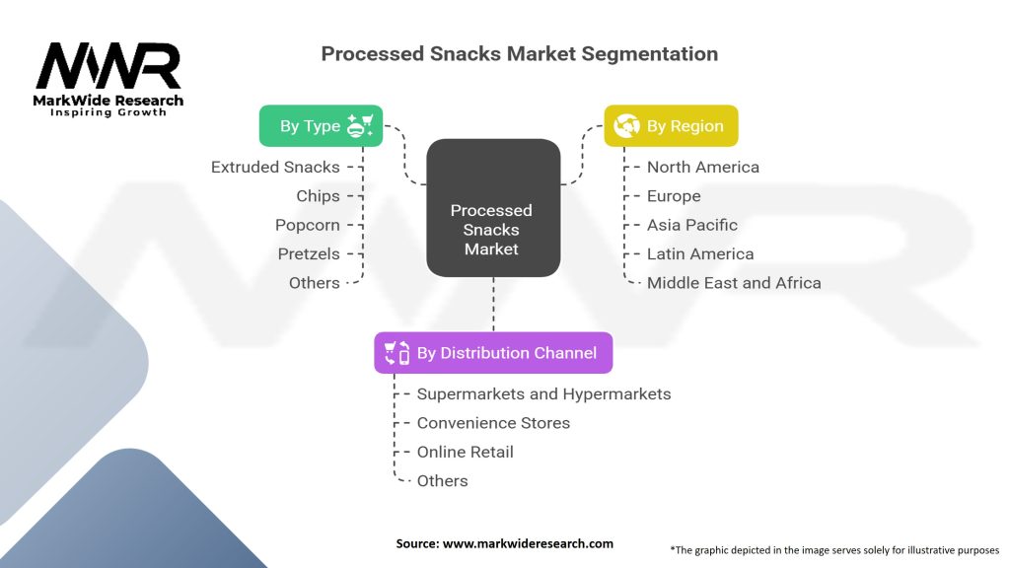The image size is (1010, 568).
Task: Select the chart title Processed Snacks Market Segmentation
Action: (519, 53)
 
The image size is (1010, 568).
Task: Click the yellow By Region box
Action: (671, 126)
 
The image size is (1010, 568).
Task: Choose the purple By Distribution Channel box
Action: (493, 353)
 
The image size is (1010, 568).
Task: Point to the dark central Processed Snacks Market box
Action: (492, 208)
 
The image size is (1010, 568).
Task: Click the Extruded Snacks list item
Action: (275, 168)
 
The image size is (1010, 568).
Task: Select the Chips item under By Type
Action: (318, 196)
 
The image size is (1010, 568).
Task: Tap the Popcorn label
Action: (308, 225)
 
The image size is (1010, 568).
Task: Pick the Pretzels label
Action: (309, 253)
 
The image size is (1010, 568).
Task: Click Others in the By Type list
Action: (315, 283)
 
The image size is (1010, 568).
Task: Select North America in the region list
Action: (703, 168)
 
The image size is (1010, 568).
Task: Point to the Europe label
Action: (674, 196)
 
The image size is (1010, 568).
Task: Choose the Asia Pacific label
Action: (692, 225)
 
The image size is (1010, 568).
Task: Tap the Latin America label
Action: (700, 253)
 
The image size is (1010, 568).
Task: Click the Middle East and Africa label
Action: (734, 283)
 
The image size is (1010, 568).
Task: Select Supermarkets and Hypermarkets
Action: (543, 394)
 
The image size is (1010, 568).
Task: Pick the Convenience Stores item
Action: (493, 423)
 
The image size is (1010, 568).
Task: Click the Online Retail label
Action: (465, 452)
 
